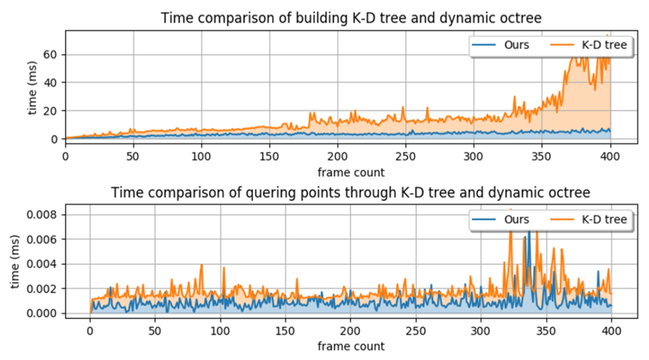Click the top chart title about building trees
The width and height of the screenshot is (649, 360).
351,18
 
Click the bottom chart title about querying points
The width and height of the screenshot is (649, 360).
351,192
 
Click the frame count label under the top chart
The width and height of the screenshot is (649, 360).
351,172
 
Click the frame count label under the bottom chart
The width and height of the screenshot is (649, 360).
351,346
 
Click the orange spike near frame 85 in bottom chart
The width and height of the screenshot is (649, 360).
201,266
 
